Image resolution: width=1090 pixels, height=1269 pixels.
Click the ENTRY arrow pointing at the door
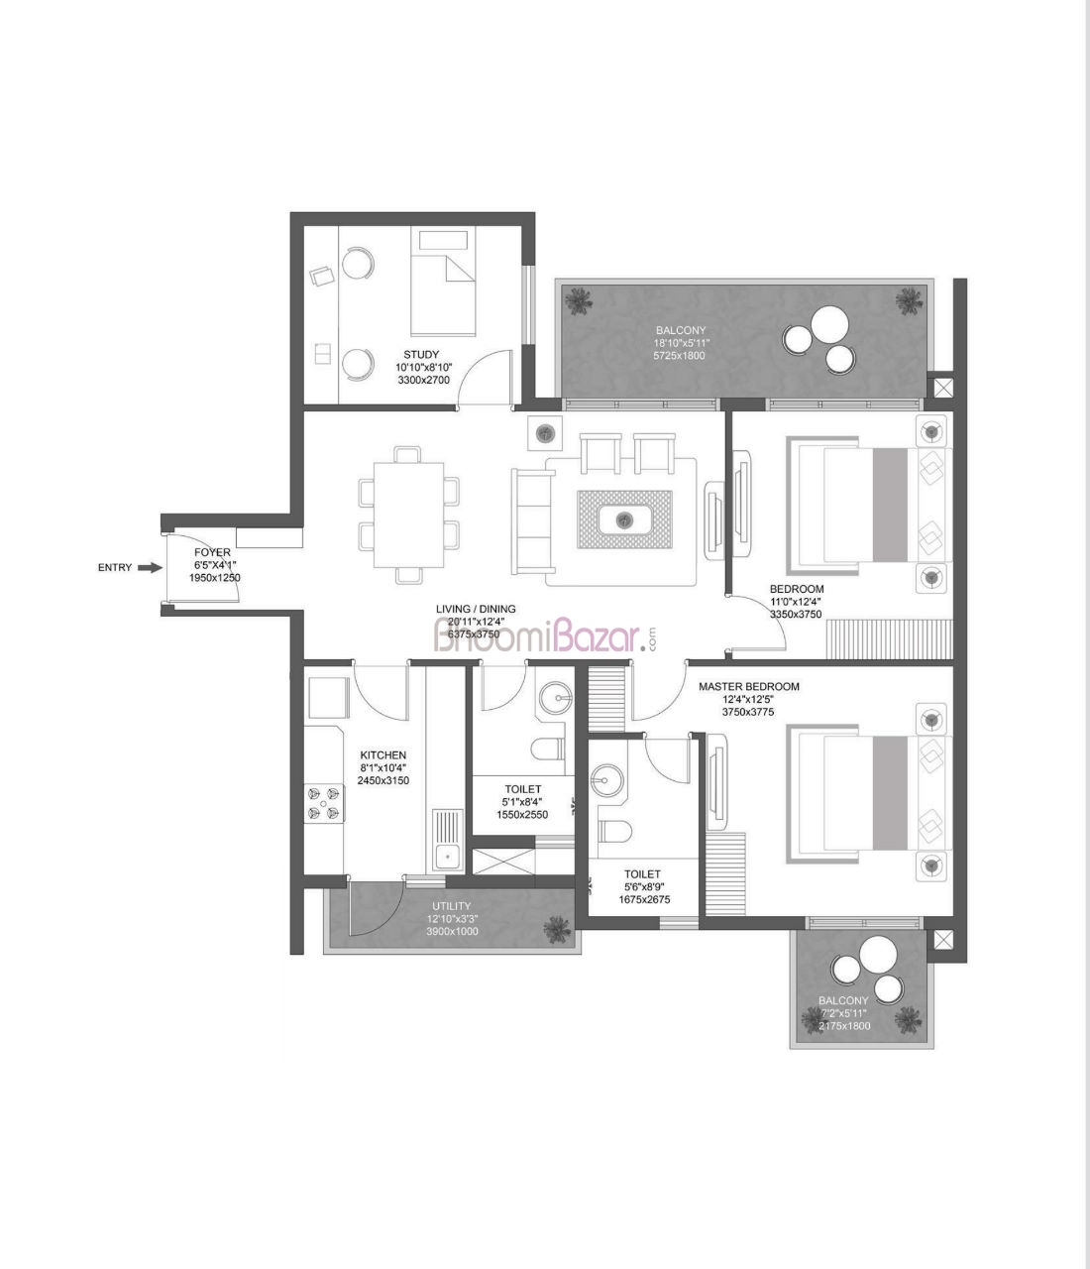click(x=150, y=567)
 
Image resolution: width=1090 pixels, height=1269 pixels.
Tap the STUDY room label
click(x=421, y=354)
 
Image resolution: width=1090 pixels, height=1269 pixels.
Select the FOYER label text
click(x=212, y=552)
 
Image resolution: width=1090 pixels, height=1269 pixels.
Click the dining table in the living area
click(x=408, y=515)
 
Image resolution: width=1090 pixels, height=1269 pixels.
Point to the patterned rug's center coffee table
click(x=625, y=520)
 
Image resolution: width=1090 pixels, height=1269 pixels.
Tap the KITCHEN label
click(x=382, y=754)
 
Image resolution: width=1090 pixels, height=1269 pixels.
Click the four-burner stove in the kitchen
click(x=324, y=803)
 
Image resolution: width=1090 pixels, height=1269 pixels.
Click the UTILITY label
click(x=451, y=905)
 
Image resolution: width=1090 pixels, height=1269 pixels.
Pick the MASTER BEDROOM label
click(x=749, y=686)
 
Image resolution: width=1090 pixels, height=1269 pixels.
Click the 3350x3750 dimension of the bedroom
click(x=796, y=614)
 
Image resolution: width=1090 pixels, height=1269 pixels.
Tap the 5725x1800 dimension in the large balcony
click(x=680, y=356)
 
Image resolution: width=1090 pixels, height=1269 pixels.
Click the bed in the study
click(x=443, y=282)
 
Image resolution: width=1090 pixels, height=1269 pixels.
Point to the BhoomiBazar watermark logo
click(x=545, y=635)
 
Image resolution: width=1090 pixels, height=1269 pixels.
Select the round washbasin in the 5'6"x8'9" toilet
click(x=605, y=780)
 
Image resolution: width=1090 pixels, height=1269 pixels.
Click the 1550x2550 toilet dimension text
click(x=522, y=815)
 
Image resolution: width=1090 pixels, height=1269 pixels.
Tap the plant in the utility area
click(x=557, y=930)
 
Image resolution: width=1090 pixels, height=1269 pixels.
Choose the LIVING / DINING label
click(x=476, y=609)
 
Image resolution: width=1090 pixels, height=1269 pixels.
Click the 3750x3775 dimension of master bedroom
click(x=748, y=712)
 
